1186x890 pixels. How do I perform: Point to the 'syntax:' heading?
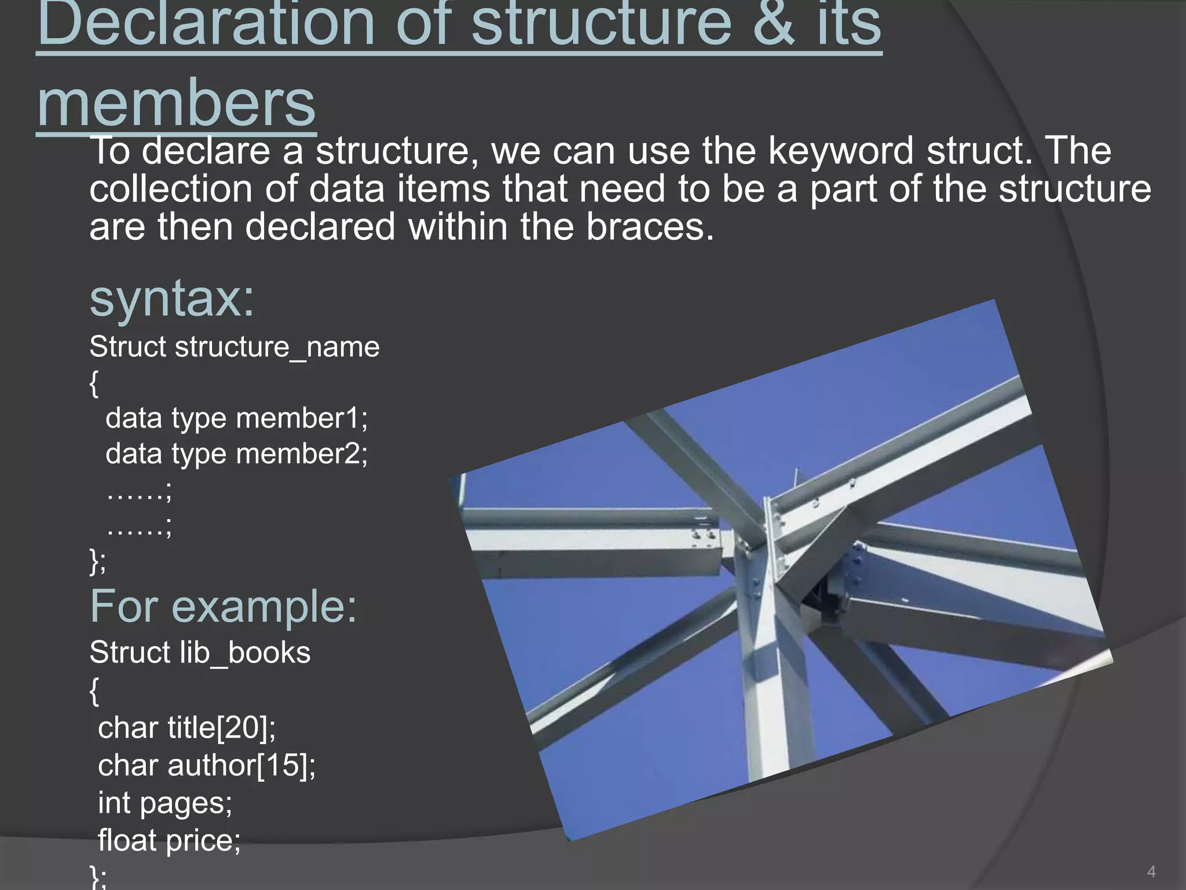tap(172, 299)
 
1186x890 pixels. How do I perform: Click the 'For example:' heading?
tap(223, 607)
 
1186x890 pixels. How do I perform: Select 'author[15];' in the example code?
tap(241, 765)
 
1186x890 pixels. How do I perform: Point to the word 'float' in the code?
tap(127, 840)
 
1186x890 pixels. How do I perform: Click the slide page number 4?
tap(1151, 871)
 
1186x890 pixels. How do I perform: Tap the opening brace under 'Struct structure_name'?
tap(94, 384)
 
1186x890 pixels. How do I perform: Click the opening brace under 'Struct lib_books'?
tap(94, 691)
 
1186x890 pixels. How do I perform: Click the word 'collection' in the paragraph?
tap(171, 189)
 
